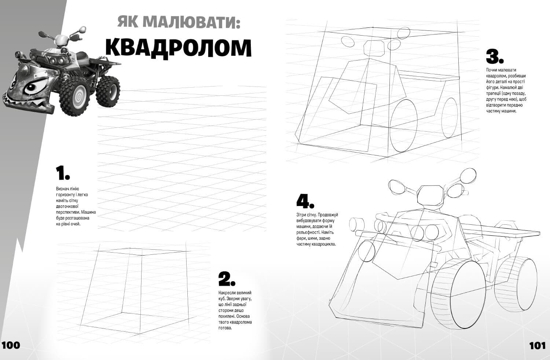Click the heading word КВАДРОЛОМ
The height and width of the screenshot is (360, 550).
(x=178, y=48)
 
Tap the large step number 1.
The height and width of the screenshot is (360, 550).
(x=63, y=173)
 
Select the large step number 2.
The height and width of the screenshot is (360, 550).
(x=226, y=279)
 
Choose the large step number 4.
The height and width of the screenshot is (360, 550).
(x=305, y=201)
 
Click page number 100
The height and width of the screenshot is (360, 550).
(x=11, y=345)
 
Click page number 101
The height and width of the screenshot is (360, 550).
(x=537, y=345)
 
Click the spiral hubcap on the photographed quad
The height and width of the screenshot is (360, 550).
(x=78, y=98)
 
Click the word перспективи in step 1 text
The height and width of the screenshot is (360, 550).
(x=68, y=212)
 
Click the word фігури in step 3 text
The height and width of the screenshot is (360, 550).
(x=492, y=88)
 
